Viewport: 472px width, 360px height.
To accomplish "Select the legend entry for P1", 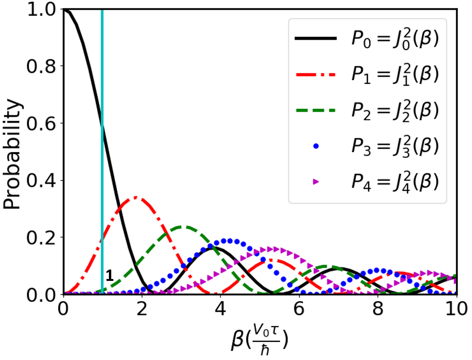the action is point(366,75).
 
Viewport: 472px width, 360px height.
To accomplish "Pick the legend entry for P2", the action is point(366,110).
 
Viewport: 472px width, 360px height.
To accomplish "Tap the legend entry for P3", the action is point(366,146).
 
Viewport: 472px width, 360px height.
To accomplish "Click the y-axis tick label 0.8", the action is point(41,66).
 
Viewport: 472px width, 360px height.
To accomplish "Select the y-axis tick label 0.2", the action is point(41,237).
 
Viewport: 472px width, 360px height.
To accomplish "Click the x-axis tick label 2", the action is point(142,309).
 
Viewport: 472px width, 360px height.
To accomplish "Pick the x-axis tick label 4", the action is point(221,309).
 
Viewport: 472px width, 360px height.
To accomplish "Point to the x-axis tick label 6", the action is point(299,309).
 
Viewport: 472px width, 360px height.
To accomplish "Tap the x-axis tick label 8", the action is point(378,309).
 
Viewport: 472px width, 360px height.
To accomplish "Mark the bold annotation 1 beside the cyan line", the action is point(109,275).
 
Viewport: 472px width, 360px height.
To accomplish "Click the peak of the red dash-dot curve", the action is point(136,198).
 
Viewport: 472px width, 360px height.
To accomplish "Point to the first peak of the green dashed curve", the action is point(184,226).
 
